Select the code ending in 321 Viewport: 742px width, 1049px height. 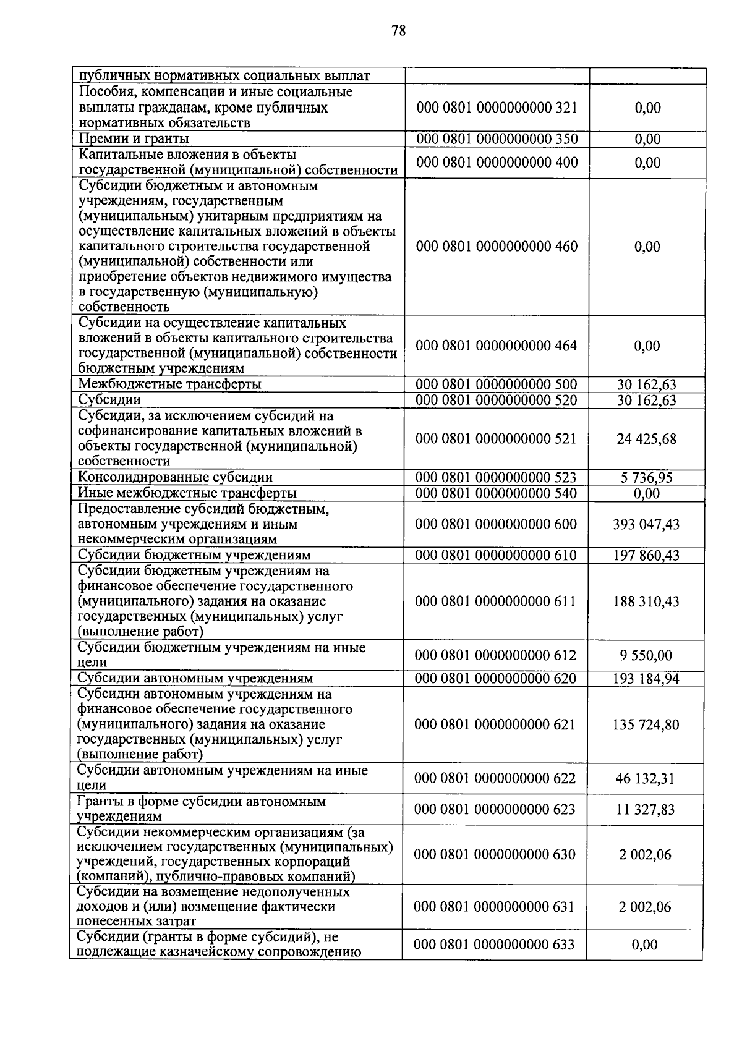497,108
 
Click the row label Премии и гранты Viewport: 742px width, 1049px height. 134,138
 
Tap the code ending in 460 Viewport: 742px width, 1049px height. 497,247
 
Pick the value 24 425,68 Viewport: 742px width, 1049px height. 646,440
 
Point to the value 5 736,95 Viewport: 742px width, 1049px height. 646,478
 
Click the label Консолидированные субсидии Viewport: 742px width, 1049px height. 175,477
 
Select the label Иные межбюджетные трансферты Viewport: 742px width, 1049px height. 187,493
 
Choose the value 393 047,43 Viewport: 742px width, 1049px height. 646,525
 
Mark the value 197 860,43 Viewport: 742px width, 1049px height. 646,556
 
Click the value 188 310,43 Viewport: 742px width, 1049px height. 646,601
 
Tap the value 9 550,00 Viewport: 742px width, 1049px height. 646,656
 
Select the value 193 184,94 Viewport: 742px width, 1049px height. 646,679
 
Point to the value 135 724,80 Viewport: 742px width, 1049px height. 646,724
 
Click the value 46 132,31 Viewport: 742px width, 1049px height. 645,779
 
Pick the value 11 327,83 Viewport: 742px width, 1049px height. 645,810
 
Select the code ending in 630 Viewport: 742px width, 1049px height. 495,854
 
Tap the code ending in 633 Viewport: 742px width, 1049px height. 494,945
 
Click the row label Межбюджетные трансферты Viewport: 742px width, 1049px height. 169,384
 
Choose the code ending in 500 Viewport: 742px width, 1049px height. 496,384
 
